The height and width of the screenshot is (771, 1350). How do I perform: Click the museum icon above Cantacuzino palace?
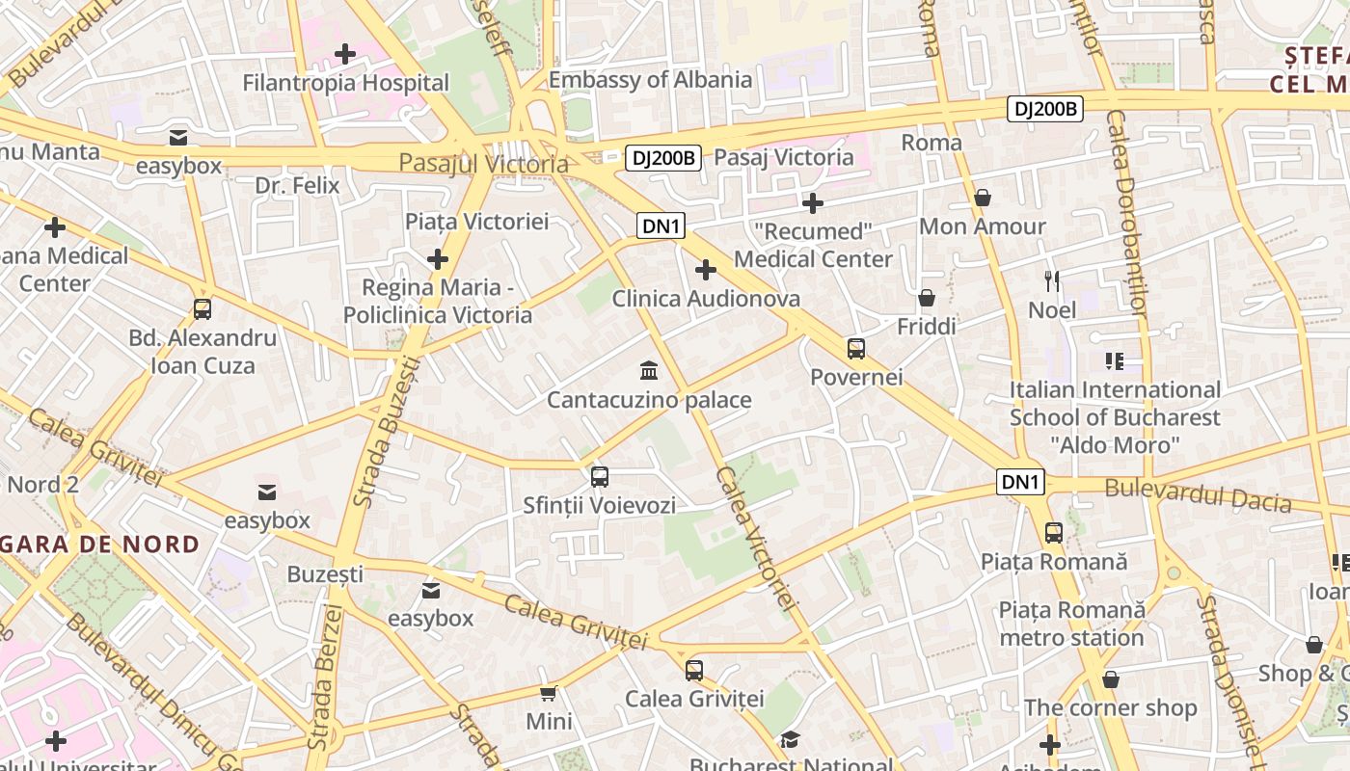pos(649,371)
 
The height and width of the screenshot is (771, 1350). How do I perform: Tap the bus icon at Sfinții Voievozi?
pos(599,476)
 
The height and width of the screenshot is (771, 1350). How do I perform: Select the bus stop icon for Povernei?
pos(855,349)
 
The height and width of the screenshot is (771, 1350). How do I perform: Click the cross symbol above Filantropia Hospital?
pos(344,54)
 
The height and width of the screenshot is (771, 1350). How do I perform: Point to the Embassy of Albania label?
pos(650,80)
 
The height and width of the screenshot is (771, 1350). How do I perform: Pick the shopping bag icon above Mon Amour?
pos(983,198)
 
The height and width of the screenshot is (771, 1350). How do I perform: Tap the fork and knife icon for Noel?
pos(1052,281)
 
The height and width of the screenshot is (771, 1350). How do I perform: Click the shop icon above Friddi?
pos(927,298)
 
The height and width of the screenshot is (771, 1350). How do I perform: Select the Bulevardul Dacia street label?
pos(1198,495)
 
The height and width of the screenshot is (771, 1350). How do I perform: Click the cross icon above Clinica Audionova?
pos(706,270)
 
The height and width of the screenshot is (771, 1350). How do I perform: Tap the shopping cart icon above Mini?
pos(549,693)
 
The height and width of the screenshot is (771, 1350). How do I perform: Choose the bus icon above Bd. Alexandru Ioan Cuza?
pos(202,309)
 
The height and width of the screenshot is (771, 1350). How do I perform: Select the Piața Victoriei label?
pos(476,222)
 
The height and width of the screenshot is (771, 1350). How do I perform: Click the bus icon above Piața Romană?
pos(1054,532)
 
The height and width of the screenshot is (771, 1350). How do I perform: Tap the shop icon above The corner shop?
pos(1111,679)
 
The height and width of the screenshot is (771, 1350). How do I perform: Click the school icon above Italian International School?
pos(1115,361)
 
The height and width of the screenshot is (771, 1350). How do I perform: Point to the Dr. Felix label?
pos(297,185)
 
